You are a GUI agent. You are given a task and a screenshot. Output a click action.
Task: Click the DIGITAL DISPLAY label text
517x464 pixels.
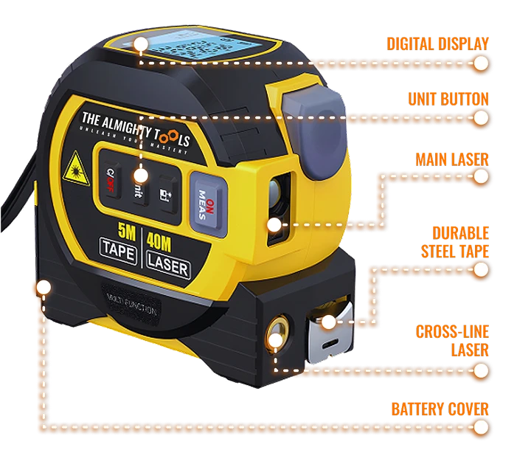pyautogui.click(x=438, y=44)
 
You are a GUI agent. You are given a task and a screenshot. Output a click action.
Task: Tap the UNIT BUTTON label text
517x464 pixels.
pyautogui.click(x=449, y=98)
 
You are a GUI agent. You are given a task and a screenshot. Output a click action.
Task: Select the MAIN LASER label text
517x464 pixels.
pyautogui.click(x=451, y=159)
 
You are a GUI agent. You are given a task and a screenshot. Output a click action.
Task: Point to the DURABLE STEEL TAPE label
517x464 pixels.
pyautogui.click(x=455, y=242)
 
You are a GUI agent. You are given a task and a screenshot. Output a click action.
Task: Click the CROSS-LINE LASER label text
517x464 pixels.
pyautogui.click(x=452, y=339)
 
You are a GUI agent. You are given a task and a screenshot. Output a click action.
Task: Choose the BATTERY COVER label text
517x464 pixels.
pyautogui.click(x=440, y=409)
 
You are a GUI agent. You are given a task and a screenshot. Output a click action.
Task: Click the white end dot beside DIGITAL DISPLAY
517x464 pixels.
pyautogui.click(x=480, y=63)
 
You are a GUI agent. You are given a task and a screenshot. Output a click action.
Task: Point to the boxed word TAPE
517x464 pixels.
pyautogui.click(x=119, y=253)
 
